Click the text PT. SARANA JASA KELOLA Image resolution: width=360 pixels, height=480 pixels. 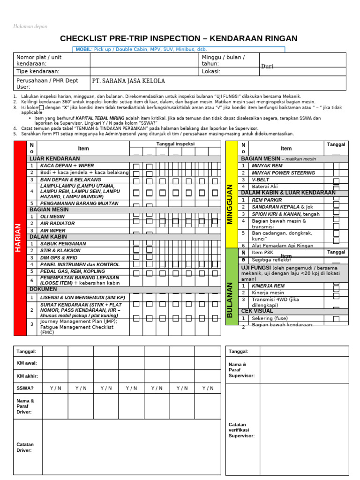click(128, 81)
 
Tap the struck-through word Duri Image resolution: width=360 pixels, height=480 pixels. click(267, 67)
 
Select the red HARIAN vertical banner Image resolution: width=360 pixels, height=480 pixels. click(20, 238)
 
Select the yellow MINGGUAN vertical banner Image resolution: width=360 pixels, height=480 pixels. click(231, 204)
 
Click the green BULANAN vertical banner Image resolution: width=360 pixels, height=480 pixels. click(231, 300)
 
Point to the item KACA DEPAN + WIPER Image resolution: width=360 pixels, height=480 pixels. click(67, 166)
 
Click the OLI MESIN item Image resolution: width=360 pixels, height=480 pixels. click(52, 217)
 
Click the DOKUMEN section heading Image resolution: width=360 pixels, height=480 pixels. click(44, 289)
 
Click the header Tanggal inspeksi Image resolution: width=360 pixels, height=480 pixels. click(175, 144)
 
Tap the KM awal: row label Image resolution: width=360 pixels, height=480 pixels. click(27, 363)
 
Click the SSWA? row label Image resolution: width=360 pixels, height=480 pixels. click(25, 388)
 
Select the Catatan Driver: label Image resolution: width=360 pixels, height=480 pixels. click(25, 447)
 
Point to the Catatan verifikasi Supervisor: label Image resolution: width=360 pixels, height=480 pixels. click(242, 430)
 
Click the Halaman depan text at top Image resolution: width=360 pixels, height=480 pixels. click(30, 27)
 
